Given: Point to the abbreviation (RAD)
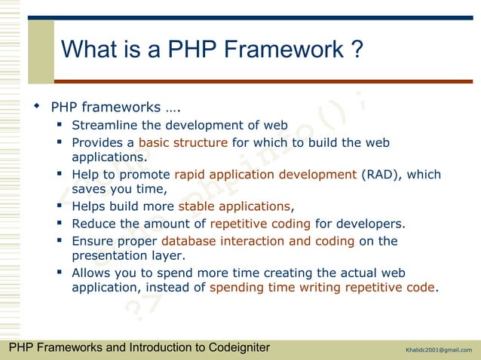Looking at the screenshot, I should click(379, 175).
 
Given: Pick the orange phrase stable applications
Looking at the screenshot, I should click(233, 206).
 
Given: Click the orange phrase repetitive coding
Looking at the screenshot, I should click(260, 224).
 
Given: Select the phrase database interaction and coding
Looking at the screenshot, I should click(258, 241).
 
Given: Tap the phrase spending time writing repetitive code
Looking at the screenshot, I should click(322, 288).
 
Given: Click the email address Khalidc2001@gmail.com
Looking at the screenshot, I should click(438, 349).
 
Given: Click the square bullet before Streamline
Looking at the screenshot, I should click(60, 125).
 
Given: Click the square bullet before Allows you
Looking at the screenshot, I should click(60, 273).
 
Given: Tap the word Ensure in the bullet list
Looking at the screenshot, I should click(92, 241).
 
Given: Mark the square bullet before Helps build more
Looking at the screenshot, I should click(60, 206).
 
